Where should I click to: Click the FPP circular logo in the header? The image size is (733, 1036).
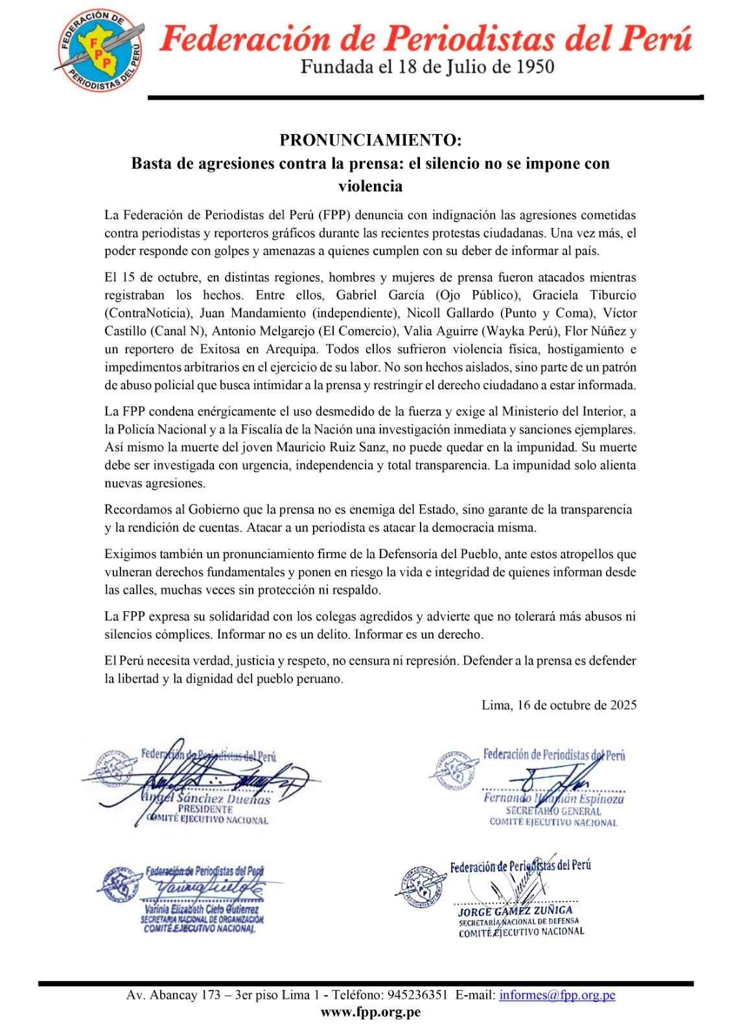point(100,51)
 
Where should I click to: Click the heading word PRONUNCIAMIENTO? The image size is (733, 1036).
point(370,140)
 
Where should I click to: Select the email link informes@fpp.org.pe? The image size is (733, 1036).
point(557,995)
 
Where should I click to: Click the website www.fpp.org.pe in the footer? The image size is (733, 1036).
point(370,1013)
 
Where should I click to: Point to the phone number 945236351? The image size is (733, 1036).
point(417,995)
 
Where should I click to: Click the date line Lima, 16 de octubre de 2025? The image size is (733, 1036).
point(559,705)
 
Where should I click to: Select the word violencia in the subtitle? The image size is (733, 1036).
point(370,186)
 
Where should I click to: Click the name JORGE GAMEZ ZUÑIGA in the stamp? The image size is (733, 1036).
point(515,910)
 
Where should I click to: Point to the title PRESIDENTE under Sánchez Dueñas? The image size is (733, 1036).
point(205,809)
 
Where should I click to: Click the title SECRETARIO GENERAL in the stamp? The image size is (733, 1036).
point(553,811)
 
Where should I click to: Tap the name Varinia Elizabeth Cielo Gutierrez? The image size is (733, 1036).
point(201,910)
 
